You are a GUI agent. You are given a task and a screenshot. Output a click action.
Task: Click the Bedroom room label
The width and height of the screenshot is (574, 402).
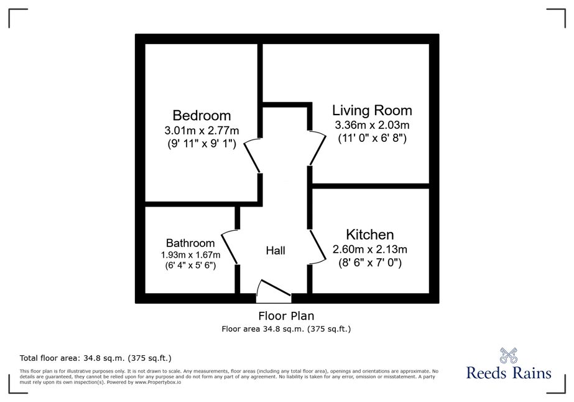tap(201, 115)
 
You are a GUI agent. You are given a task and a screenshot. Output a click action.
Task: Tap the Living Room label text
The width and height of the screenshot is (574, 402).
tap(372, 110)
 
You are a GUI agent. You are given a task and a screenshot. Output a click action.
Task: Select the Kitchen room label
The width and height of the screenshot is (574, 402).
tap(370, 235)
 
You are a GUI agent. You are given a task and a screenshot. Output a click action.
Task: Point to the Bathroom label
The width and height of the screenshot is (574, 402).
tap(190, 243)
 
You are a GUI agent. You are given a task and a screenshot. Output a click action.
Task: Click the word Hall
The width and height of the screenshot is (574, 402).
tap(275, 251)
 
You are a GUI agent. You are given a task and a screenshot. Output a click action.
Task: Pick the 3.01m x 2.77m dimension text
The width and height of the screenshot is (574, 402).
tap(201, 130)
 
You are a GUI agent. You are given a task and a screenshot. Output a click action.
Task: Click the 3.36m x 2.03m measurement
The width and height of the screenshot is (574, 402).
tap(372, 125)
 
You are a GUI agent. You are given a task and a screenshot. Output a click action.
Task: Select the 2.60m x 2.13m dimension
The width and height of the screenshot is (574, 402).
tap(370, 249)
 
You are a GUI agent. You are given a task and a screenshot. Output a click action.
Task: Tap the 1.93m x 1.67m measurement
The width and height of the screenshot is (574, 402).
tap(190, 255)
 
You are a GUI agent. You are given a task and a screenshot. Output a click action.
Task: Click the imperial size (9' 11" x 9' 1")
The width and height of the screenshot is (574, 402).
tap(201, 144)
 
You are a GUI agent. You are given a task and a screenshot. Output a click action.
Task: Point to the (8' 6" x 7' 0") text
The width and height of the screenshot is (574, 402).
tap(370, 263)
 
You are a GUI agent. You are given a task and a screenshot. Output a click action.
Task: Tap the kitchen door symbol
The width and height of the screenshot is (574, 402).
tap(318, 246)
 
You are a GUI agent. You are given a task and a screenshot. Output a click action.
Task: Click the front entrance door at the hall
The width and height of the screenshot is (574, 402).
tap(274, 291)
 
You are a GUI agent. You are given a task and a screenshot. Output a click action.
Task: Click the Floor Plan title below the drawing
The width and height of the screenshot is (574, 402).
tap(286, 316)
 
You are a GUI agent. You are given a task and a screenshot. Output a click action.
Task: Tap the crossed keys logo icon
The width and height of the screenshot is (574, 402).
tap(509, 355)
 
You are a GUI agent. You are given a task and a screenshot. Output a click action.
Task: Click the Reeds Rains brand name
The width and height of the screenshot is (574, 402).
tap(509, 373)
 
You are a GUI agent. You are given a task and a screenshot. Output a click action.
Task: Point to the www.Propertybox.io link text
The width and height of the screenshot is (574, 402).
tap(158, 382)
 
